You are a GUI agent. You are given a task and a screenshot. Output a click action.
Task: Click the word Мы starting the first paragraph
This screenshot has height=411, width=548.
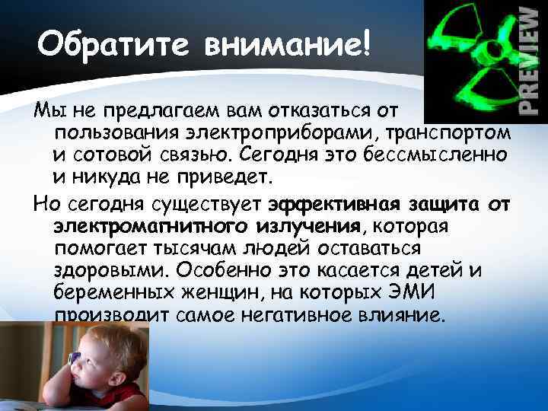tap(45, 113)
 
